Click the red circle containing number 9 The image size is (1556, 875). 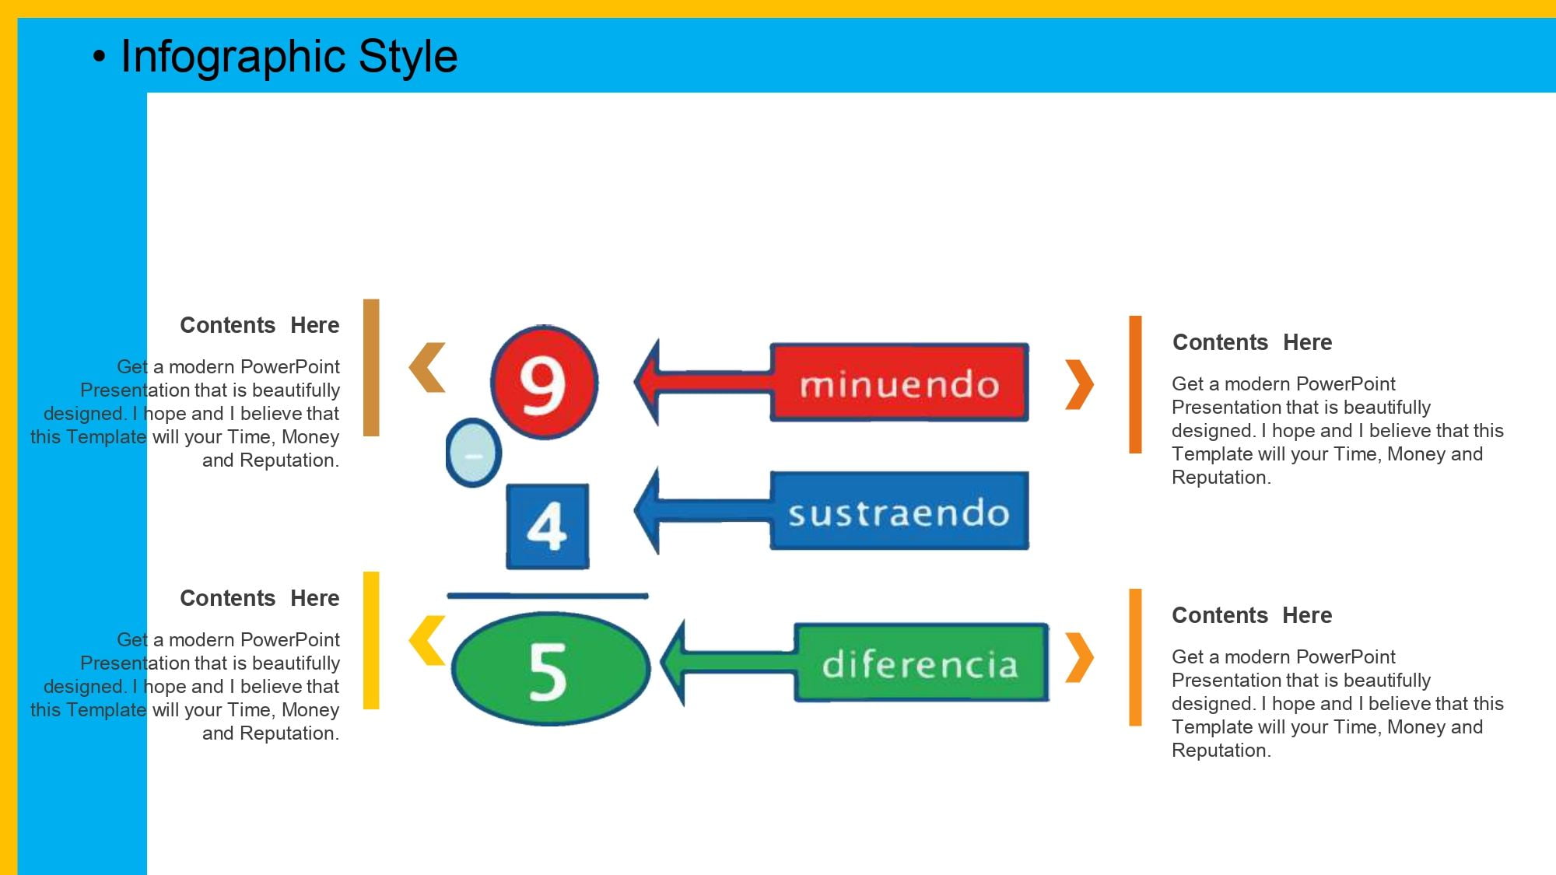tap(544, 382)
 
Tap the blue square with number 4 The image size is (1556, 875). tap(547, 527)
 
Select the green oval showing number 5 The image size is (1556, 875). tap(550, 669)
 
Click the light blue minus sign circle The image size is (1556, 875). tap(473, 453)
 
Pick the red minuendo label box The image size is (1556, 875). tap(899, 383)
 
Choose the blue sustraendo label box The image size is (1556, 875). tap(899, 511)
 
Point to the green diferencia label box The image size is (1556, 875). tap(921, 663)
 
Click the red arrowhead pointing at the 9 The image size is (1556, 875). tap(649, 382)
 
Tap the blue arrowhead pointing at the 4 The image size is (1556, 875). tap(649, 511)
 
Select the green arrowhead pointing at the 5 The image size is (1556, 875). tap(674, 663)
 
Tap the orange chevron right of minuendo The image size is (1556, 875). tap(1080, 384)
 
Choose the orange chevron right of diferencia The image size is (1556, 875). tap(1080, 657)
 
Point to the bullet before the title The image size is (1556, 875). tap(99, 57)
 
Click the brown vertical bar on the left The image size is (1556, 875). tap(372, 367)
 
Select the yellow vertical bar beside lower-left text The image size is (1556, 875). tap(372, 640)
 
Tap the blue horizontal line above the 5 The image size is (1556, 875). tap(547, 596)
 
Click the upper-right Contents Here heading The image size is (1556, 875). tap(1252, 342)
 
